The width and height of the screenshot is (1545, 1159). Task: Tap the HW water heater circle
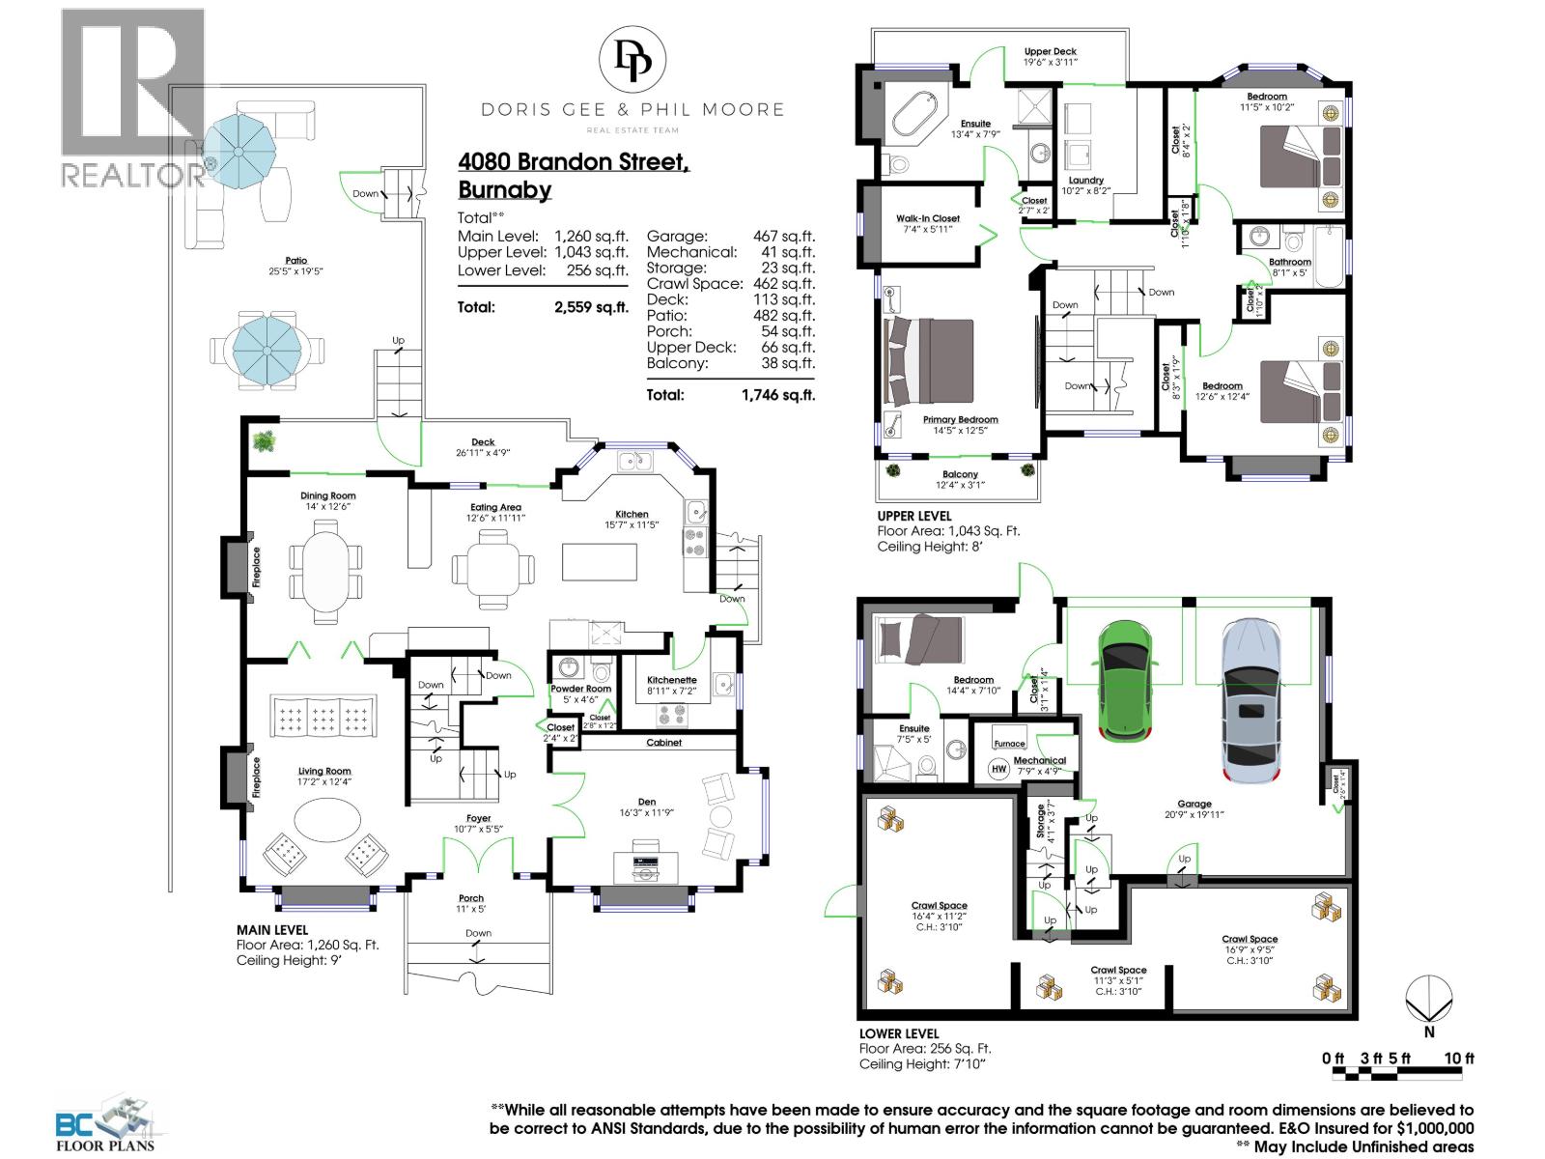(x=998, y=769)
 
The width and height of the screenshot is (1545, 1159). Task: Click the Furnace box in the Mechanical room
(x=1009, y=743)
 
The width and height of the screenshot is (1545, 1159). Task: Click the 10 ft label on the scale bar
(x=1458, y=1059)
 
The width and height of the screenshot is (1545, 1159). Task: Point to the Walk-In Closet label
(x=927, y=218)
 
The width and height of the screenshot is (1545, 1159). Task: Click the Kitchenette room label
(x=671, y=680)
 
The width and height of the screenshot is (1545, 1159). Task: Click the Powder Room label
(x=580, y=689)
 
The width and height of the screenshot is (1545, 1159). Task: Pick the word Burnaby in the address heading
(x=505, y=189)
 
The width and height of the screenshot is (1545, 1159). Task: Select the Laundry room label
(x=1085, y=180)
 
